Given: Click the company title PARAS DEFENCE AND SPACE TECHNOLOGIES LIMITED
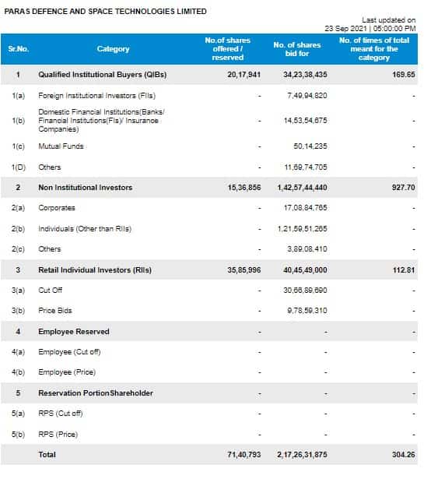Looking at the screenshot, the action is point(105,12).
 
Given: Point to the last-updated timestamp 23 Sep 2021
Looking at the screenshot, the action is point(345,28).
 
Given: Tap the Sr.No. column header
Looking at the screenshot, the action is point(19,49).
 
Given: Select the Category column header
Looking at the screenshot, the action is point(114,49).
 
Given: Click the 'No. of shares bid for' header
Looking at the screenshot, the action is point(297,49).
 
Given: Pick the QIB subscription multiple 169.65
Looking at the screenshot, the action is point(404,75).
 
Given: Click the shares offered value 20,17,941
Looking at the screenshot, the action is point(244,75).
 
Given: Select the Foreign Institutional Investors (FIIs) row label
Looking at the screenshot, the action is point(96,96).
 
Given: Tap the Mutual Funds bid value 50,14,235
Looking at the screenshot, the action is point(310,146).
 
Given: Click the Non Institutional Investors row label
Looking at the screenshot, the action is point(85,188).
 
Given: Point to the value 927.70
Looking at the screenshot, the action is point(404,187).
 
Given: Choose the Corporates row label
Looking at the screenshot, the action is point(57,208).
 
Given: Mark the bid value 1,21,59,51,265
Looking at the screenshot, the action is point(302,229).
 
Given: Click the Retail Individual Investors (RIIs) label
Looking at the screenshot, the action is point(95,270).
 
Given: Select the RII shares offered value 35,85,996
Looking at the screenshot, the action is point(244,270).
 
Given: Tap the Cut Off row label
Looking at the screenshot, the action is point(50,291).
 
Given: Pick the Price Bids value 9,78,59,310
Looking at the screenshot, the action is point(307,311).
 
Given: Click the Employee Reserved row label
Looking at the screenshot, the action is point(74,332).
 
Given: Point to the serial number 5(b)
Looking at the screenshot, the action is point(18,435).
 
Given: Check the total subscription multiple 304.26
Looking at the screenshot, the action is point(404,455).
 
